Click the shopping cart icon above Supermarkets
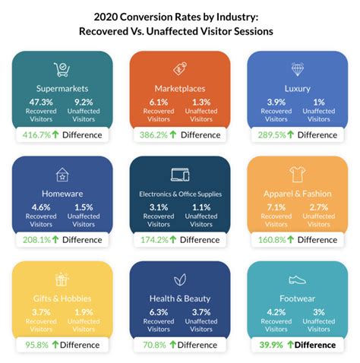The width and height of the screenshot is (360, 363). (62, 68)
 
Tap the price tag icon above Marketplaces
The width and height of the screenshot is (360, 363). (180, 68)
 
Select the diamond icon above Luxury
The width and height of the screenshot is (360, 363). (297, 68)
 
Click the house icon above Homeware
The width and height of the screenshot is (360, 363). (62, 175)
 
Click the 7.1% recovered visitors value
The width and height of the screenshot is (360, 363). (275, 207)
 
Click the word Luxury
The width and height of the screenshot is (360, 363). (297, 87)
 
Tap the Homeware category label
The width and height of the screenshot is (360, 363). (62, 194)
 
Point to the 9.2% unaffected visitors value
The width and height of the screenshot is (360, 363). (84, 102)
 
